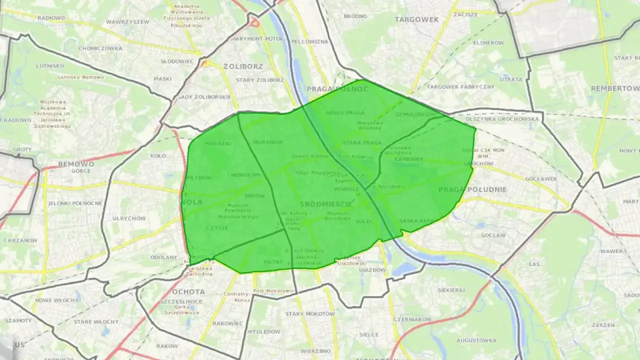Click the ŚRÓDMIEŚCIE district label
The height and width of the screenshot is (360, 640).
pyautogui.click(x=326, y=204)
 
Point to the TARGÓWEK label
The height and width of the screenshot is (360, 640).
pyautogui.click(x=416, y=19)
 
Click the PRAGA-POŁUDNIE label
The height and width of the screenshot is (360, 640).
pyautogui.click(x=472, y=189)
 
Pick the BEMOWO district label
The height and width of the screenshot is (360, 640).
pyautogui.click(x=76, y=164)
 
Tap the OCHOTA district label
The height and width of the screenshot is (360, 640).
pyautogui.click(x=188, y=291)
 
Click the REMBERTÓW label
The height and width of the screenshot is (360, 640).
pyautogui.click(x=615, y=88)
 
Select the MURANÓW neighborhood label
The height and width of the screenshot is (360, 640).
pyautogui.click(x=268, y=142)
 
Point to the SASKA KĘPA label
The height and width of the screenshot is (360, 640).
pyautogui.click(x=415, y=220)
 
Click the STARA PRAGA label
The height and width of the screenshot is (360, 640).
pyautogui.click(x=362, y=143)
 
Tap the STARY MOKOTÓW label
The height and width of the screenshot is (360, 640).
pyautogui.click(x=310, y=314)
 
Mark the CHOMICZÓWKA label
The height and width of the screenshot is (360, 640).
pyautogui.click(x=100, y=48)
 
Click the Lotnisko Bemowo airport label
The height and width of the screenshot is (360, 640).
pyautogui.click(x=80, y=77)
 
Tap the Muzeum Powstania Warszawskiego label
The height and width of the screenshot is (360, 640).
pyautogui.click(x=237, y=211)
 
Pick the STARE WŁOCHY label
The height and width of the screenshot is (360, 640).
pyautogui.click(x=96, y=321)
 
